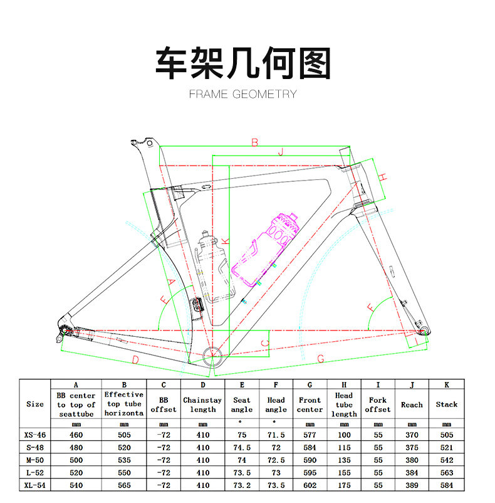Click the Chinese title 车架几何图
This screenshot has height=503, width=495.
[x=242, y=63]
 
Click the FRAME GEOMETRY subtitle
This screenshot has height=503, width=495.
[x=242, y=94]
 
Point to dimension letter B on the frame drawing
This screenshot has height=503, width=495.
[x=254, y=142]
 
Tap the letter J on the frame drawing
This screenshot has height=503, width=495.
[x=281, y=151]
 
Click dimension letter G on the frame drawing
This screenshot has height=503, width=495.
[x=320, y=359]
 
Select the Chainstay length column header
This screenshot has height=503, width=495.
[x=202, y=405]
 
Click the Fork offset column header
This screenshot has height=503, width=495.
[x=378, y=405]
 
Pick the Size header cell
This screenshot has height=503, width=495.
[x=35, y=405]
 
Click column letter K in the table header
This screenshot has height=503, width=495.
[x=446, y=384]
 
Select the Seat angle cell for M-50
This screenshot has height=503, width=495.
[x=241, y=459]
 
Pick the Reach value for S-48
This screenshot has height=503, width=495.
[x=412, y=447]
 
